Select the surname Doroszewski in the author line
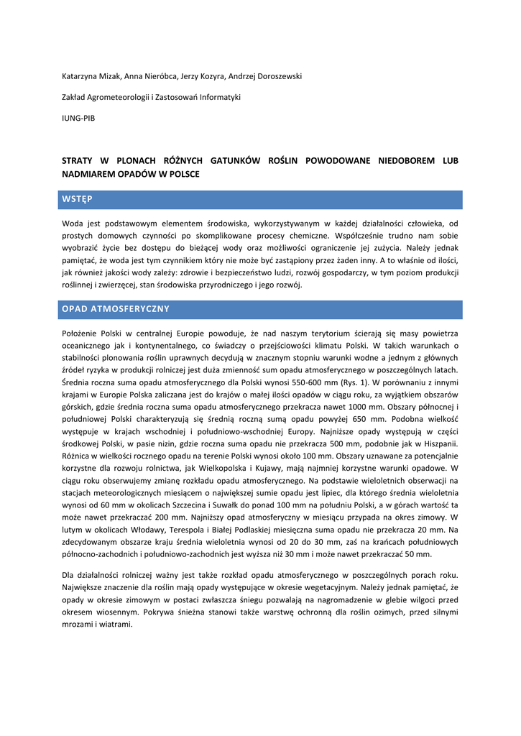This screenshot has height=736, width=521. tap(275, 75)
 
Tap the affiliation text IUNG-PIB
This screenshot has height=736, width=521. tap(78, 118)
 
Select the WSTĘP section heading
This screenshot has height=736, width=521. tap(77, 198)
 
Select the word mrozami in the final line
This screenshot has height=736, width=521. tap(80, 625)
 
